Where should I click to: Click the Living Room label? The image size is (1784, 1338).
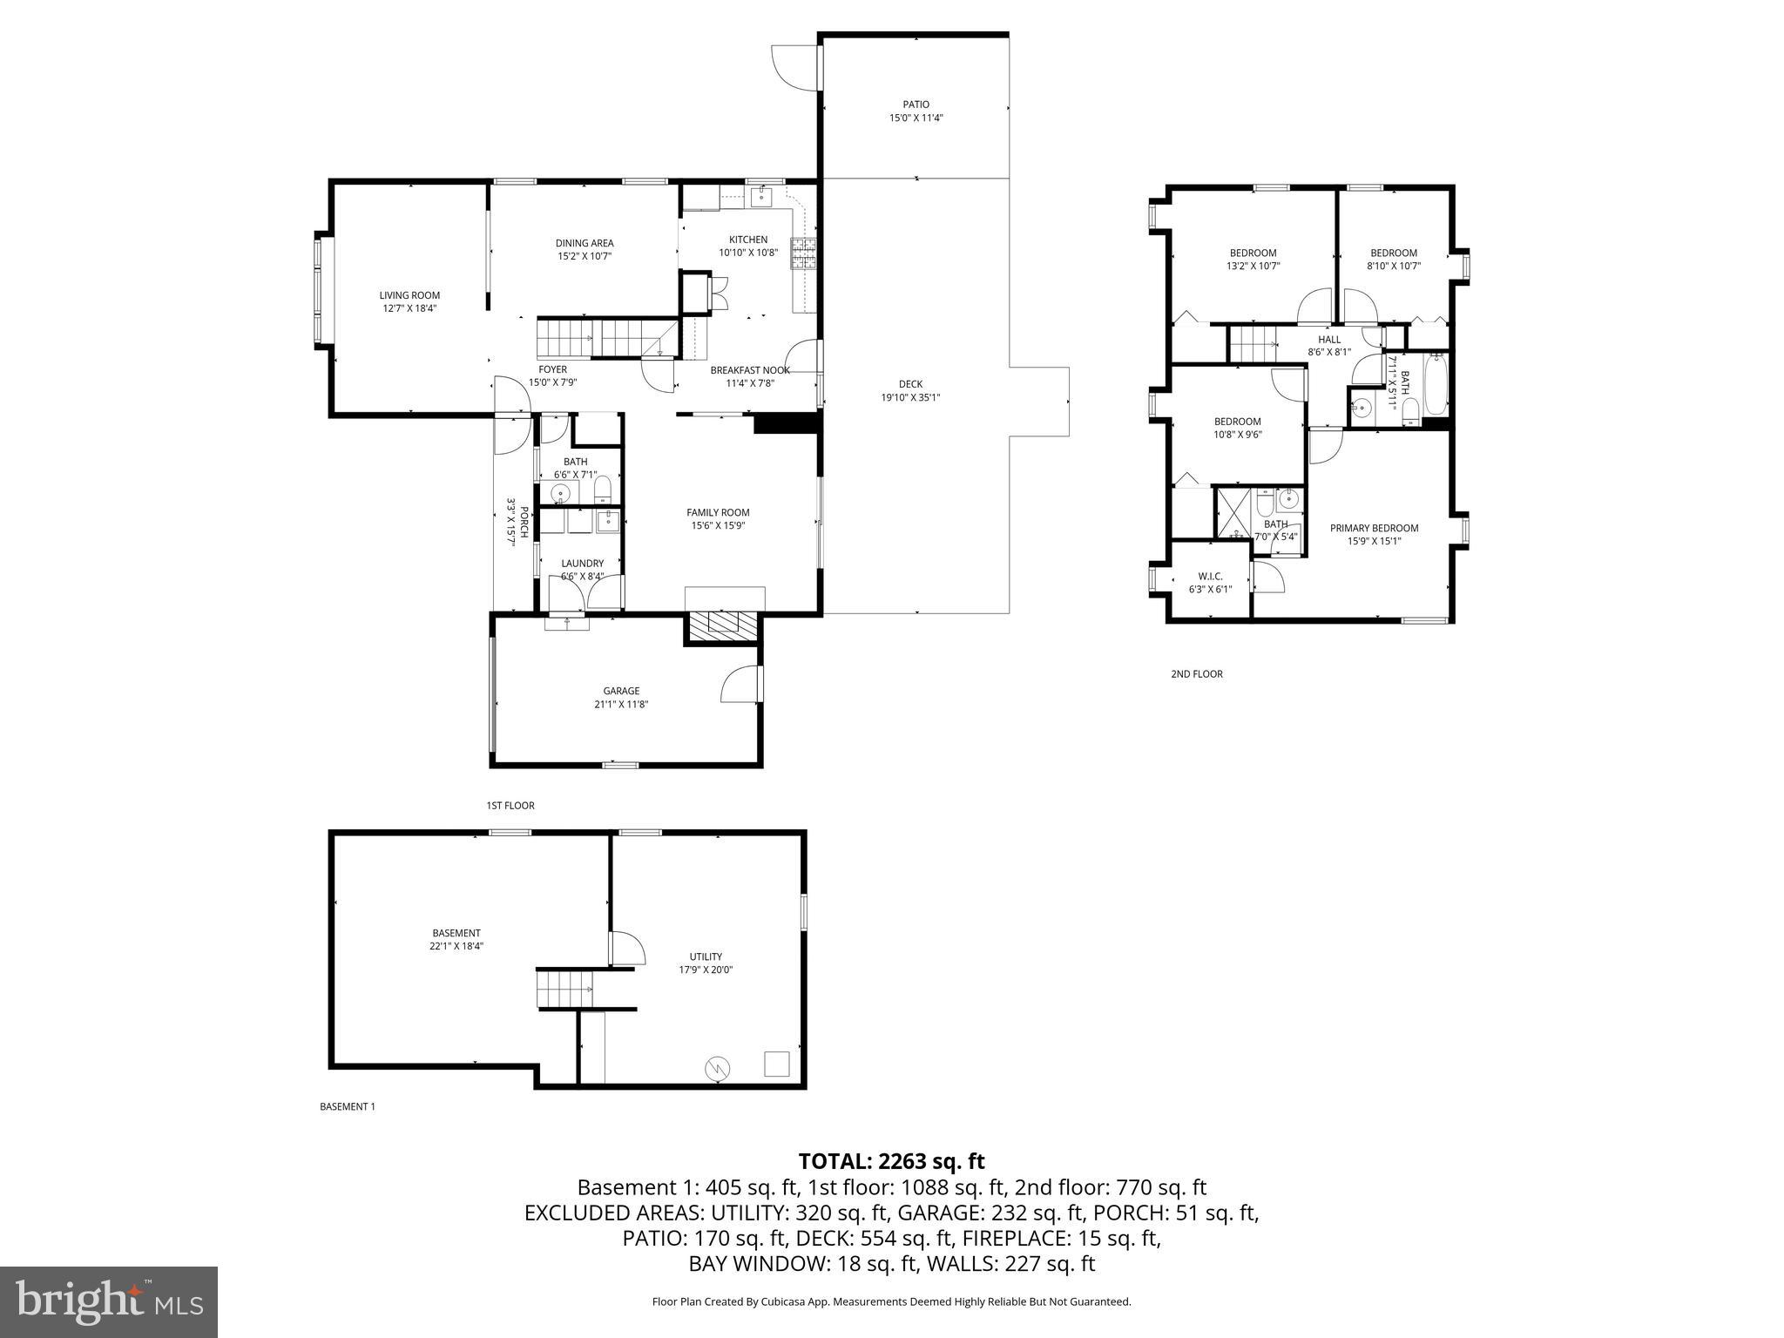point(409,295)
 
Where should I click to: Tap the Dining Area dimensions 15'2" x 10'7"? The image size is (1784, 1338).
point(585,256)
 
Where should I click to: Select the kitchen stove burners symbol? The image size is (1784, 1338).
point(803,253)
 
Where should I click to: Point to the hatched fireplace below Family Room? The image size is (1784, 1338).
point(722,622)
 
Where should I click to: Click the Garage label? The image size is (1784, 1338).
point(621,691)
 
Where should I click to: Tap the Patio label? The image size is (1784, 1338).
point(916,105)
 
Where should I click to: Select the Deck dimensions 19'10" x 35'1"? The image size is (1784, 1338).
point(910,397)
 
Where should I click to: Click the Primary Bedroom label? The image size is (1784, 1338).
point(1374,528)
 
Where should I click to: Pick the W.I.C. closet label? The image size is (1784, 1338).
point(1210,577)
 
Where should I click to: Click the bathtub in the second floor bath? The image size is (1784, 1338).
point(1436,385)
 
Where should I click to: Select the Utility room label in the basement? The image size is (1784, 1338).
point(706,956)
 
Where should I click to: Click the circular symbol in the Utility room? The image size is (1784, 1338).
point(717,1067)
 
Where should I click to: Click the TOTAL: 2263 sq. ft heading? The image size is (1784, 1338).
point(891,1161)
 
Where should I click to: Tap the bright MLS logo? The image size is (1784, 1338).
point(109,1301)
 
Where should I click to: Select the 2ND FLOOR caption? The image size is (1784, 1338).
point(1196,674)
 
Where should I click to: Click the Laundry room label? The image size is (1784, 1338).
point(582,564)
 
